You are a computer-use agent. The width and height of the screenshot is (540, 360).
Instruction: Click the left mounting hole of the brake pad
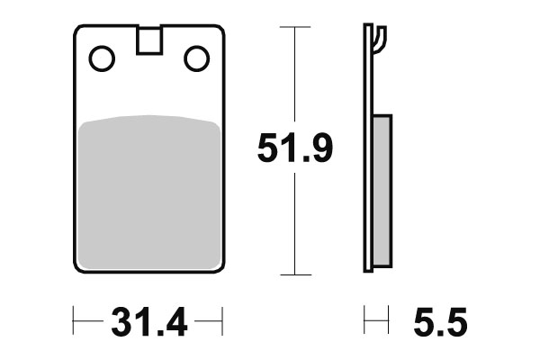102,59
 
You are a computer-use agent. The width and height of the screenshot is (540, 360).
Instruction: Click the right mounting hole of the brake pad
195,59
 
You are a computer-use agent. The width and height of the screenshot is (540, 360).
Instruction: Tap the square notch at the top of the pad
148,41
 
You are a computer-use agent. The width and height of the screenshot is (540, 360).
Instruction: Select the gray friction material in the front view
148,193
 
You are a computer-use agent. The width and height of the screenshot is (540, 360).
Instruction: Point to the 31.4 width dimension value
148,321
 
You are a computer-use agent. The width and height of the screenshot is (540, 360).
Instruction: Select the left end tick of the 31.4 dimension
75,320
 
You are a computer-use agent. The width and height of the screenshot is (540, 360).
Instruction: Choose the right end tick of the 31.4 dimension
221,320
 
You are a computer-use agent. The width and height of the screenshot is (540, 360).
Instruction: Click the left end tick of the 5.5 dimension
364,320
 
